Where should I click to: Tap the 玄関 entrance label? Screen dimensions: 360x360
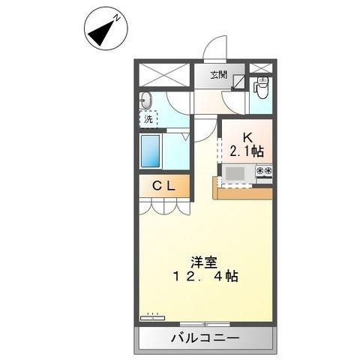tap(218, 75)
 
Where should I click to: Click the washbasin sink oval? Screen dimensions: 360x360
tap(145, 101)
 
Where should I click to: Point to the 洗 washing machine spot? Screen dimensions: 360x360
tap(148, 118)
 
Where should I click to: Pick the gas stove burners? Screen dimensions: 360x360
tap(264, 172)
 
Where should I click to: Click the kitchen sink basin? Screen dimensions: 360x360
tap(234, 173)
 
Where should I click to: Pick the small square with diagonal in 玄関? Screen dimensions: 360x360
tap(238, 82)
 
